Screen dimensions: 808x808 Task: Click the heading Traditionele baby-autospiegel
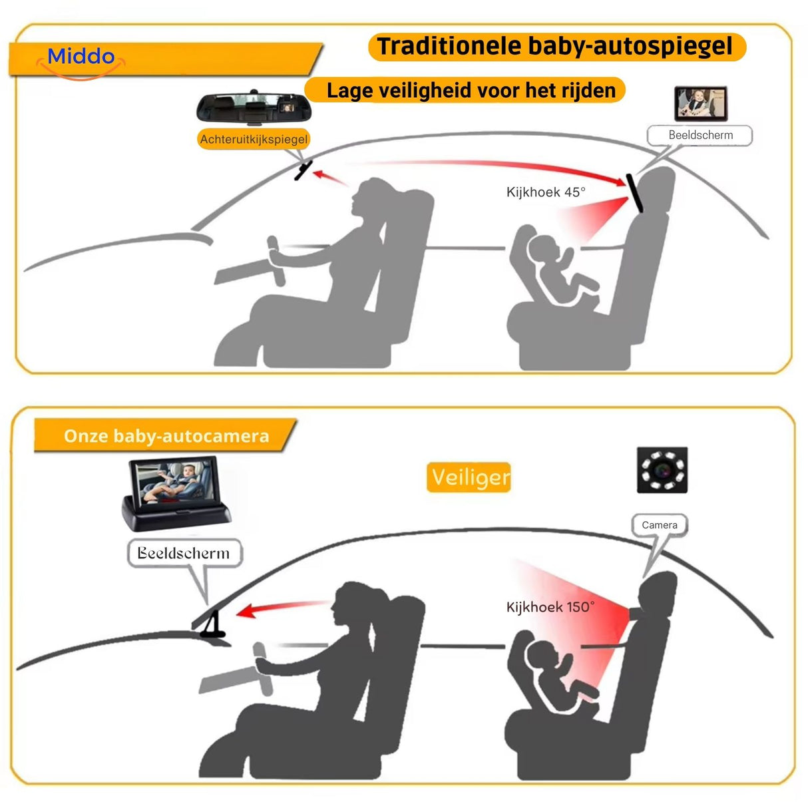(x=556, y=47)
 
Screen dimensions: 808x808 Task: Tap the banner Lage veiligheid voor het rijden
(x=470, y=91)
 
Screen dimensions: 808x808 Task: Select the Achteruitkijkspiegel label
(x=254, y=139)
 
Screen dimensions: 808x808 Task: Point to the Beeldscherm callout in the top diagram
(x=700, y=135)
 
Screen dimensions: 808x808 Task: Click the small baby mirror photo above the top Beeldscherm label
(x=700, y=103)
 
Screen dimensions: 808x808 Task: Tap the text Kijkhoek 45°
(x=546, y=192)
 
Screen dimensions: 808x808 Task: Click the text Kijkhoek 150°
(x=550, y=607)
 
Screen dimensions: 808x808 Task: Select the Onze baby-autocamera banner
(x=166, y=436)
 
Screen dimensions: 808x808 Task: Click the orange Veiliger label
(x=469, y=477)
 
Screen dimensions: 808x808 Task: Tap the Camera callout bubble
(x=659, y=525)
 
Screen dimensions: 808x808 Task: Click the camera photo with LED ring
(x=662, y=470)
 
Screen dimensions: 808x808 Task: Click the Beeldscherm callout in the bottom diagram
(x=184, y=553)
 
